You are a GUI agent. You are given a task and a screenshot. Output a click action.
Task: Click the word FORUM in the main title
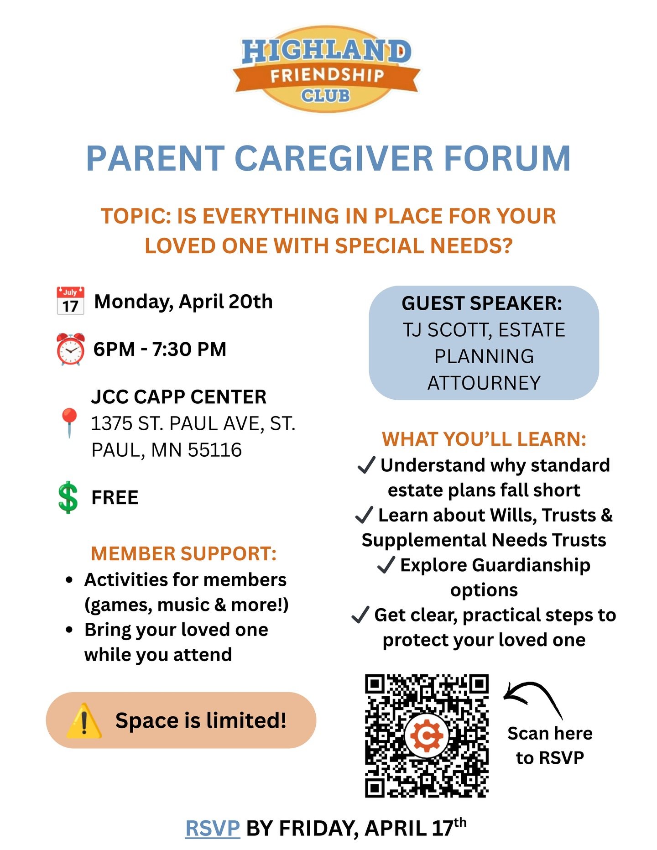coord(507,159)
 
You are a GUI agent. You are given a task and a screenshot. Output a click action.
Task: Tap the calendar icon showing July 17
coord(70,301)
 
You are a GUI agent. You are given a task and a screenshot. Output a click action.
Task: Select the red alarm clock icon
coord(70,349)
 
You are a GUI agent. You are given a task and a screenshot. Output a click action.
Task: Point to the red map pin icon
coord(69,422)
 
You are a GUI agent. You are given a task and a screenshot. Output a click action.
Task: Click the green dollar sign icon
coord(68,497)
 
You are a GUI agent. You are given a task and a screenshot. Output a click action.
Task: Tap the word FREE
coord(115,497)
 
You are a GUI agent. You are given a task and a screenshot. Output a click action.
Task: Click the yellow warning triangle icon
coord(84,721)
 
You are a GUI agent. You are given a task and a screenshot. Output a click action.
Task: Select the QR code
coord(427,735)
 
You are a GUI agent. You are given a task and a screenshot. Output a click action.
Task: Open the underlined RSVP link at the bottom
coord(213,828)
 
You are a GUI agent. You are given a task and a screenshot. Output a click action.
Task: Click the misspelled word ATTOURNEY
coord(484,383)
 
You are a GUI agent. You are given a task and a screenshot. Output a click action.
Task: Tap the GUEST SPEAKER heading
coord(482,303)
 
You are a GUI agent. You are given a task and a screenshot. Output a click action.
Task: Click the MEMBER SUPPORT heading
coord(184,553)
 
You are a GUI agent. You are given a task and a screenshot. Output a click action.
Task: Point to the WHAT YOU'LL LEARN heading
coord(484,439)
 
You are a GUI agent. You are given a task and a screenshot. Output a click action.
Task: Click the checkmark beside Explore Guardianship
coord(386,565)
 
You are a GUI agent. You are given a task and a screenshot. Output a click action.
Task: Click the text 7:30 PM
coord(189,349)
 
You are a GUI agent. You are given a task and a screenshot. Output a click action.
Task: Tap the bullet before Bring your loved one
coord(69,630)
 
